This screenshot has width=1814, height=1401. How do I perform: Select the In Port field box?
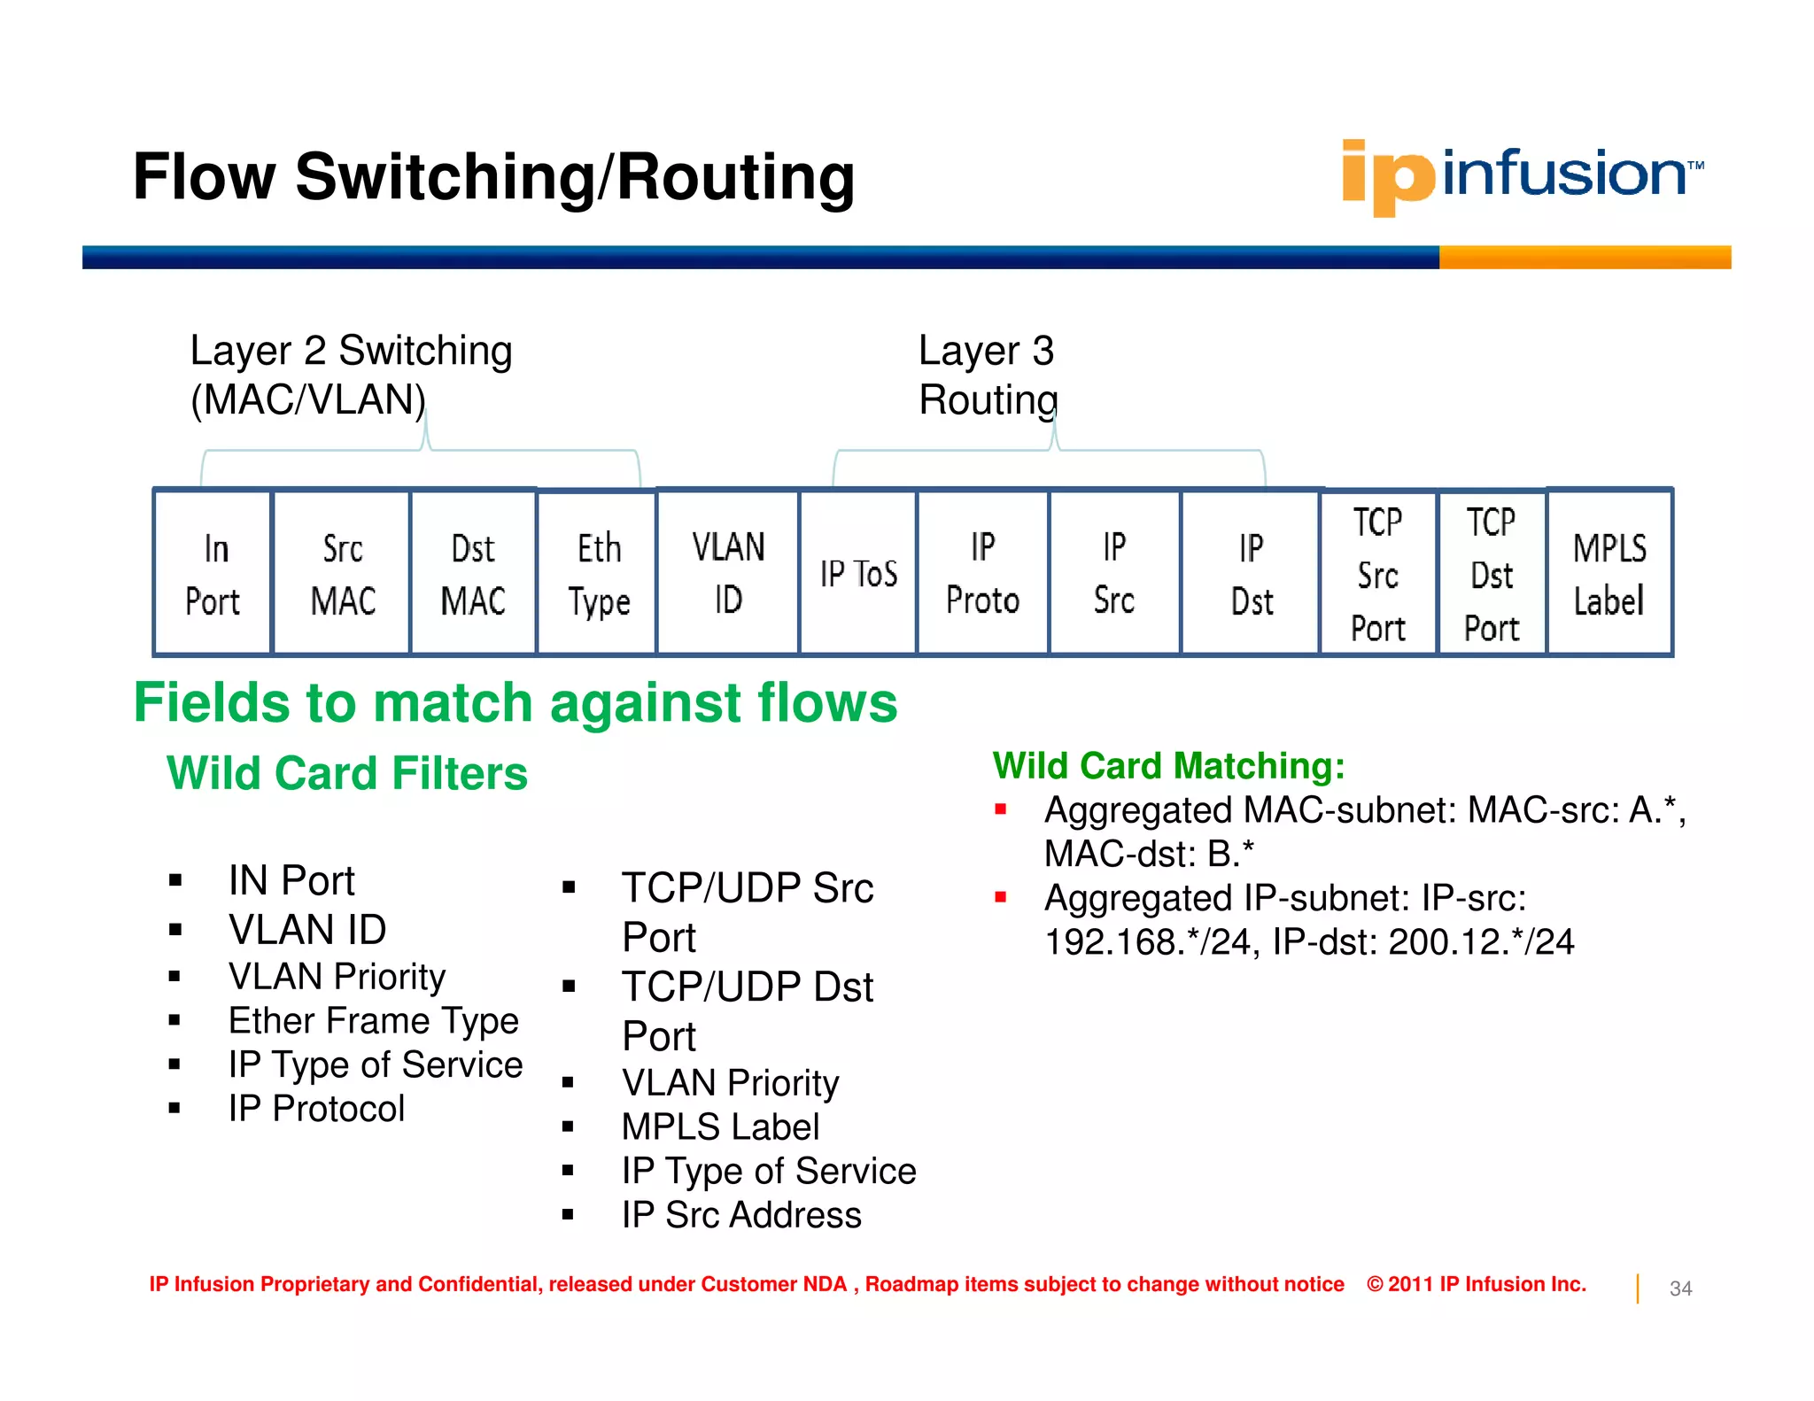213,574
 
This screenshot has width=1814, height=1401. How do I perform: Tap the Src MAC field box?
342,574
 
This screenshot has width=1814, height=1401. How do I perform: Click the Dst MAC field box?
473,574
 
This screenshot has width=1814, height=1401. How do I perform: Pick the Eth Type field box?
597,574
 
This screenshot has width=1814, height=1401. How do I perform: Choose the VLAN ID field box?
727,573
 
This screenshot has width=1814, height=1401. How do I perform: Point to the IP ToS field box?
857,574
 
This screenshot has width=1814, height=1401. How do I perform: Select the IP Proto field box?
982,574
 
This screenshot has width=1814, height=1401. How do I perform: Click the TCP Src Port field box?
1377,574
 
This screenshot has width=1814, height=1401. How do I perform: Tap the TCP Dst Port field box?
1492,574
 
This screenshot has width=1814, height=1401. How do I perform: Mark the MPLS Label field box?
1609,574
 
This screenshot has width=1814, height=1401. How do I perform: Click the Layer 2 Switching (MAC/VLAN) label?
351,375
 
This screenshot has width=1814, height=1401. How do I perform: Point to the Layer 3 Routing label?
988,375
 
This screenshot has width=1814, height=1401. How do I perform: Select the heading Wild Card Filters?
347,773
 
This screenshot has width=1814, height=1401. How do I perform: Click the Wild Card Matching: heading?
1168,765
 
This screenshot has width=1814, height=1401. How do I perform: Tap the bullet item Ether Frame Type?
373,1020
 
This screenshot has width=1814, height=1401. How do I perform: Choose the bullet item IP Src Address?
740,1215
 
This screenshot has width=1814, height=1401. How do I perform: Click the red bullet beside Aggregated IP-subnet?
1001,897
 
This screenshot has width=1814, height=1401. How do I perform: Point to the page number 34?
1680,1289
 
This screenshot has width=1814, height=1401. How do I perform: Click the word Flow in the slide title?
205,176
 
